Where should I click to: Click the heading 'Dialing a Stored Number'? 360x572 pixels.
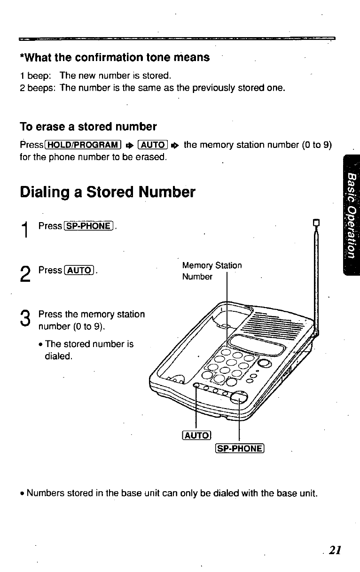[x=107, y=192]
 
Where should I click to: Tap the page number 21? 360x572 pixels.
[x=335, y=550]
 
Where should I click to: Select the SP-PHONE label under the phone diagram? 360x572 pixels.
[x=241, y=448]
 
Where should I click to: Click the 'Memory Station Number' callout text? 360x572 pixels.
[x=211, y=271]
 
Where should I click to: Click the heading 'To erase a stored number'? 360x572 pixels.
[x=88, y=127]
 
